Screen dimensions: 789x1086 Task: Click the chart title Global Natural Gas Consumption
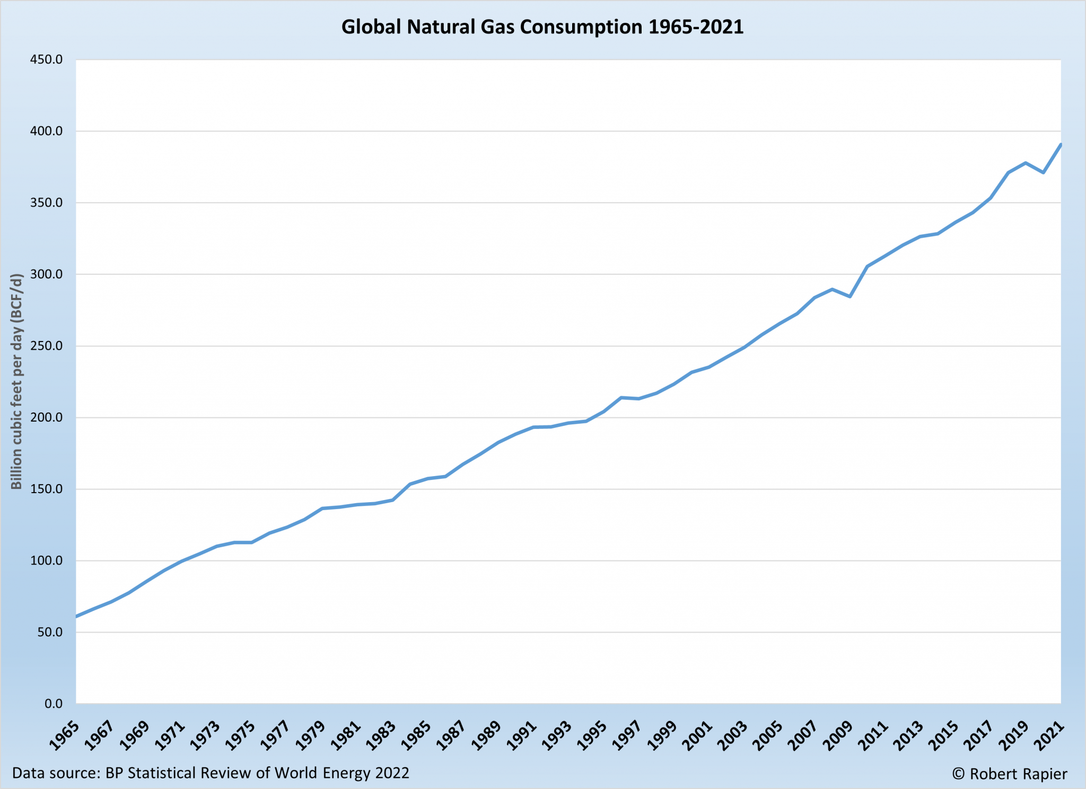[x=542, y=27]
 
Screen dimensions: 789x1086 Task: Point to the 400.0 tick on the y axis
[x=46, y=131]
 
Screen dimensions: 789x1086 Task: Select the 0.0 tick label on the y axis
[x=53, y=704]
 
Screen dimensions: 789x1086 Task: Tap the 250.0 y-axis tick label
[x=46, y=346]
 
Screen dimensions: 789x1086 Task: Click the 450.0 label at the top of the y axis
[x=46, y=59]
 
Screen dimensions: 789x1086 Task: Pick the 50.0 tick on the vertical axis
[x=49, y=632]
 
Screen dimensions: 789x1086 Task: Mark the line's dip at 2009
[x=850, y=296]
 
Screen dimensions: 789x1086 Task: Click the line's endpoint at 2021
[x=1061, y=144]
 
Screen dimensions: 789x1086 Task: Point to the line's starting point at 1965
[x=76, y=617]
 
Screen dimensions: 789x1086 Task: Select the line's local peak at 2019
[x=1026, y=163]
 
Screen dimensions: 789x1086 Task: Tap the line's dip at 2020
[x=1043, y=172]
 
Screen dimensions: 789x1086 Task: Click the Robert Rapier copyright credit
[x=1009, y=774]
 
